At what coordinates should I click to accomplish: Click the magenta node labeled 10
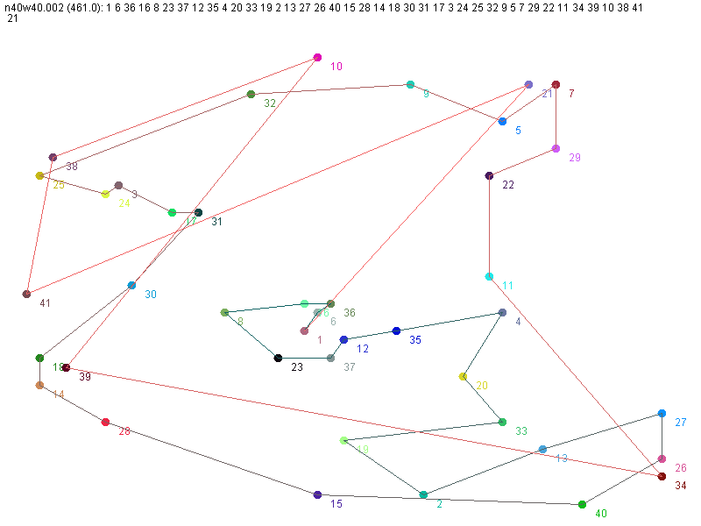tap(317, 58)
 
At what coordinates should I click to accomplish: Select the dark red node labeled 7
tap(556, 85)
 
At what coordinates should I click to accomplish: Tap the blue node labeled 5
tap(502, 122)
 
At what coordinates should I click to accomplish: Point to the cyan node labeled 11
tap(489, 277)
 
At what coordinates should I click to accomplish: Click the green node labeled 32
tap(251, 94)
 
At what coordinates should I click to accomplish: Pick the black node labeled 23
tap(278, 358)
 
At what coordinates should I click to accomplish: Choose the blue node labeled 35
tap(396, 331)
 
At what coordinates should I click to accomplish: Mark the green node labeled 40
tap(582, 504)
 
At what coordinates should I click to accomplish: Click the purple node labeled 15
tap(317, 494)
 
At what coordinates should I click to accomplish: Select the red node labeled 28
tap(105, 423)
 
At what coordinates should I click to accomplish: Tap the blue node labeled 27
tap(662, 413)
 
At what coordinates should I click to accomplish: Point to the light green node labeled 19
tap(343, 440)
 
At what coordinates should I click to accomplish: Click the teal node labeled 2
tap(423, 495)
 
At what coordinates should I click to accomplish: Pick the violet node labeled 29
tap(556, 149)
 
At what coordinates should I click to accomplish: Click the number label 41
tap(45, 303)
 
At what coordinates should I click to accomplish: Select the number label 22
tap(508, 185)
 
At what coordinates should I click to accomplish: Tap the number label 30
tap(151, 295)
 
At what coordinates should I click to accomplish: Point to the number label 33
tap(521, 431)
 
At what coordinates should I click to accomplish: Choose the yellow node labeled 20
tap(463, 377)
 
